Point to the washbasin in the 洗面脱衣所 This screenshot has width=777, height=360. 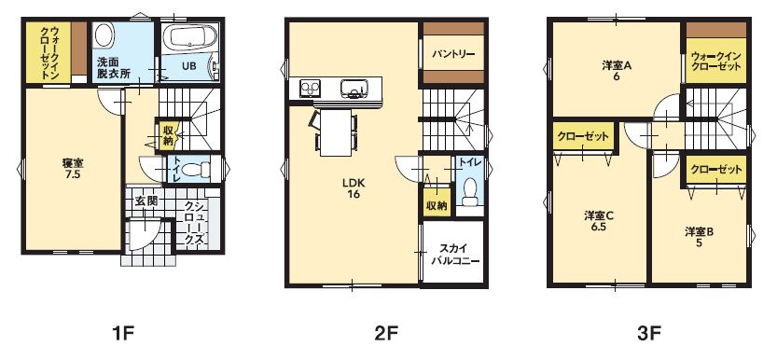[x=104, y=36]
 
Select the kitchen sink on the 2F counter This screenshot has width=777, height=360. [x=354, y=89]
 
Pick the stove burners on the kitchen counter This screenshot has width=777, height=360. [x=311, y=89]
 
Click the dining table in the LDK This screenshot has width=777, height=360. [x=336, y=132]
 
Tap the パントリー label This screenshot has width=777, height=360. [x=453, y=53]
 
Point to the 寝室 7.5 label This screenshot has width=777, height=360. [x=73, y=169]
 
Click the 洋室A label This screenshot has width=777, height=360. [x=616, y=65]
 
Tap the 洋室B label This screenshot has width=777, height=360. [x=700, y=231]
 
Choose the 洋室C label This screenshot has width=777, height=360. [x=599, y=215]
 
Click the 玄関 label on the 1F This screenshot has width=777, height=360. [x=146, y=201]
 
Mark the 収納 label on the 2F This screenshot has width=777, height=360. [x=437, y=206]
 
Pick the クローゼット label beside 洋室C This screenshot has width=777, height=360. [x=583, y=136]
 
